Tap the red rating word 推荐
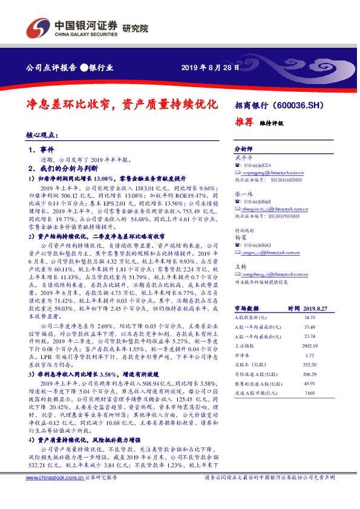point(244,121)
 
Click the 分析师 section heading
point(243,148)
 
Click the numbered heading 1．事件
point(41,149)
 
